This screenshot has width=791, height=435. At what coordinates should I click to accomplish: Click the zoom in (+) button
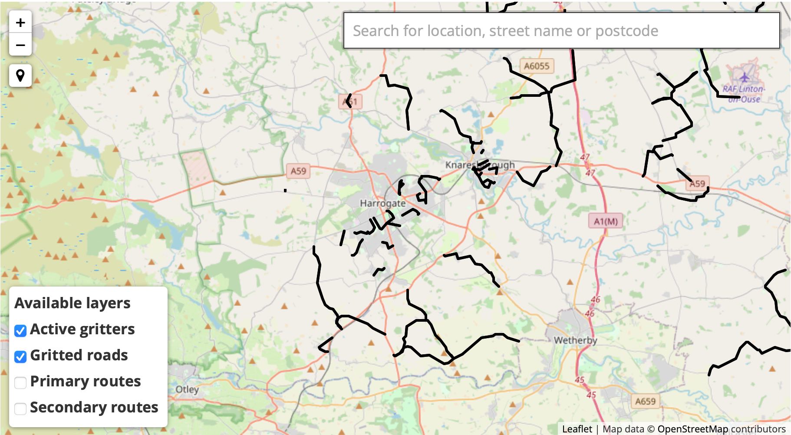tap(20, 23)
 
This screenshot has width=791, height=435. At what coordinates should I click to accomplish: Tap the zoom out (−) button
tap(20, 45)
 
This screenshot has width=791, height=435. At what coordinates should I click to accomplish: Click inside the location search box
tap(561, 31)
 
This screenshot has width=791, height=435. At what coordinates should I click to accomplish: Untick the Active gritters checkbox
tap(20, 331)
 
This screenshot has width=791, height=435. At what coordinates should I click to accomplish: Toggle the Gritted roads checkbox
tap(20, 357)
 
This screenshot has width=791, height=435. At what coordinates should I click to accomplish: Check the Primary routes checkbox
tap(20, 382)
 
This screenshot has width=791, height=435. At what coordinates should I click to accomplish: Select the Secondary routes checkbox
tap(20, 409)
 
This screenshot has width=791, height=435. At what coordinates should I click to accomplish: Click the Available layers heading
tap(73, 303)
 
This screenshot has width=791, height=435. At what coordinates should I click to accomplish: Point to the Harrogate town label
tap(382, 203)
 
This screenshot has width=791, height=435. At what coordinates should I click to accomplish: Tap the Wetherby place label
tap(575, 340)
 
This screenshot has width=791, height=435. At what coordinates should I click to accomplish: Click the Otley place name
tap(187, 389)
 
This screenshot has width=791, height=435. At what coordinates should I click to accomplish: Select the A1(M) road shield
tap(606, 221)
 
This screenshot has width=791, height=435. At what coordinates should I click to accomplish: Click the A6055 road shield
tap(537, 66)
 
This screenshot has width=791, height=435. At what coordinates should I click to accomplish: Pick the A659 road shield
tap(645, 401)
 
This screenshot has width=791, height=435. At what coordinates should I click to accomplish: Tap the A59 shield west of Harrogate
tap(298, 171)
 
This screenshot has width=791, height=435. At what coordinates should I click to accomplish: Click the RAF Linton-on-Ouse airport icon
tap(745, 78)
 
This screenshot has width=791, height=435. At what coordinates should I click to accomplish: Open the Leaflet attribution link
tap(577, 429)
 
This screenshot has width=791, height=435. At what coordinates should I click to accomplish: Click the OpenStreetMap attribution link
tap(692, 429)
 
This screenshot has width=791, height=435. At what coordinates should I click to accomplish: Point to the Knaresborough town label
tap(480, 165)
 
